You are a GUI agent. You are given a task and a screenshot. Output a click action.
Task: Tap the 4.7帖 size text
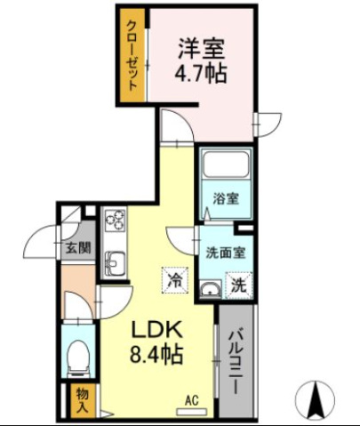click(x=203, y=73)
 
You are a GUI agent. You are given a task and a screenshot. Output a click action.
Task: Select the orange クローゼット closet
click(x=131, y=54)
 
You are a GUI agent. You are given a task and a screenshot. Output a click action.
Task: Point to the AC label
click(x=191, y=399)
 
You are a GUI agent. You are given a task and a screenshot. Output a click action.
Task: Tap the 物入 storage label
click(x=82, y=398)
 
